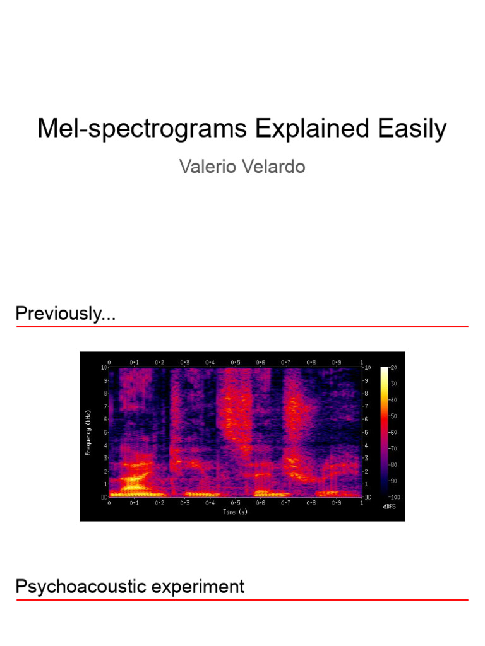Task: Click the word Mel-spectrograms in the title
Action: (143, 129)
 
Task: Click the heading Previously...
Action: (65, 314)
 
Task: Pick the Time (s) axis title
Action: (235, 512)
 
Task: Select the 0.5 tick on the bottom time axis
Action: (235, 503)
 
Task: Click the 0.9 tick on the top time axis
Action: (336, 362)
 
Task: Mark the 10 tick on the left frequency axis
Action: (104, 367)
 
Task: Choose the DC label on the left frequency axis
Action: (104, 497)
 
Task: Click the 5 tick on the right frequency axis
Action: (367, 432)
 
